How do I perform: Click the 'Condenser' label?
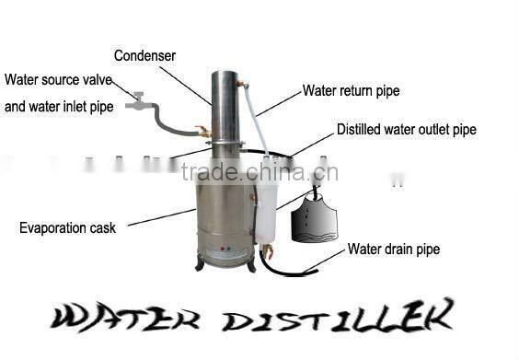coord(144,56)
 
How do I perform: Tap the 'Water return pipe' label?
coord(351,91)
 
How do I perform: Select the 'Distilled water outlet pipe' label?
coord(406,130)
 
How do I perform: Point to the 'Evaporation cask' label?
coord(67,226)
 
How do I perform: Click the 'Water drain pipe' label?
coord(393,250)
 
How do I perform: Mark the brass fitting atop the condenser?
coord(242,85)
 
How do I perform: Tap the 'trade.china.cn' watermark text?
coord(259,172)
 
